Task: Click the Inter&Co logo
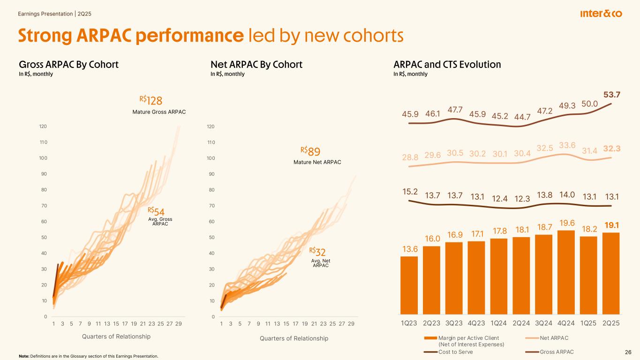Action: [601, 14]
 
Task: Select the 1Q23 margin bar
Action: [409, 285]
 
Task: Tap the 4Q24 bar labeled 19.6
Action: [566, 272]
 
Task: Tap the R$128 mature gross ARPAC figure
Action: [151, 100]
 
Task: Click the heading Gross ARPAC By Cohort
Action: [68, 65]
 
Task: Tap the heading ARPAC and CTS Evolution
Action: [447, 65]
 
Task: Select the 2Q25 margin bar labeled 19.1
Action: [611, 273]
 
